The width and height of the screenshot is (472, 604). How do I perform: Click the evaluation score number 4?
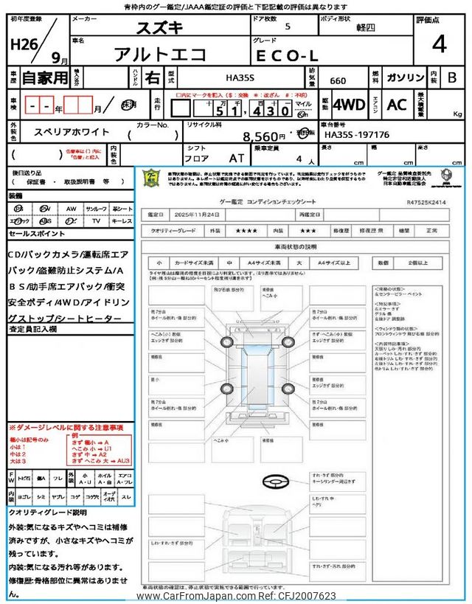pyautogui.click(x=439, y=44)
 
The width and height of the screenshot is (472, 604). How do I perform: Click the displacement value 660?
pyautogui.click(x=334, y=81)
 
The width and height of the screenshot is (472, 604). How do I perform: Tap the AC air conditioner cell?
pyautogui.click(x=397, y=105)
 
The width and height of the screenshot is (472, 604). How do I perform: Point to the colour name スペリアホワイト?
pyautogui.click(x=72, y=132)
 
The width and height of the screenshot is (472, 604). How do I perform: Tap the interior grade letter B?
pyautogui.click(x=451, y=77)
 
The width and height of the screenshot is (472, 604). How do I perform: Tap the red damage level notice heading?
pyautogui.click(x=66, y=428)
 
